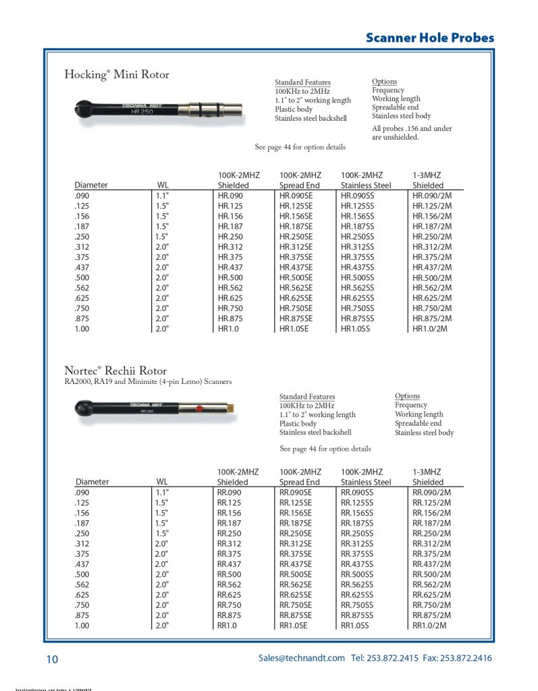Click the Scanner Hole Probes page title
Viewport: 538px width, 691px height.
(x=429, y=38)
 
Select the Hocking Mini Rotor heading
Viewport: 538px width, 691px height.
(x=117, y=75)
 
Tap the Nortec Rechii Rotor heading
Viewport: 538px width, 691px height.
(x=115, y=370)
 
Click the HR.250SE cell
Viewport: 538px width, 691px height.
(x=296, y=238)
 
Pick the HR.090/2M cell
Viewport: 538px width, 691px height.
(x=431, y=196)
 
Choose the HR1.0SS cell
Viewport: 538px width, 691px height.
(x=355, y=329)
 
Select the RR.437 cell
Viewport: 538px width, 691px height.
(x=229, y=564)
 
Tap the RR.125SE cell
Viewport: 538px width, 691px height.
(x=296, y=503)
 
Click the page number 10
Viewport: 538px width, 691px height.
(x=52, y=659)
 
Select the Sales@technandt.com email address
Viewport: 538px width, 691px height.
(x=301, y=658)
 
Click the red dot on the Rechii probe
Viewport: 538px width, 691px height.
(x=199, y=409)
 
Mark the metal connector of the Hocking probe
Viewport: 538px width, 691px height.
(x=219, y=108)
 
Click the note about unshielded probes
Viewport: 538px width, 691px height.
(x=412, y=133)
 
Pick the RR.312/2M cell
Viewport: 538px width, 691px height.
(x=432, y=544)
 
